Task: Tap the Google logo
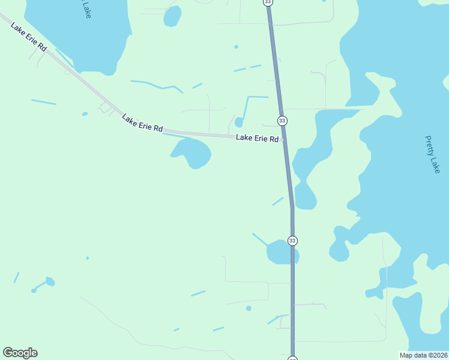point(20,353)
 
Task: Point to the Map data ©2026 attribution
point(424,355)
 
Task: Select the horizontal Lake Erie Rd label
point(257,139)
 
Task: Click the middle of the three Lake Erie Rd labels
point(142,123)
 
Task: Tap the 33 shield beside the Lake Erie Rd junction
point(282,121)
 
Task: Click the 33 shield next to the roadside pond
point(292,241)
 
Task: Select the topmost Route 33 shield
point(268,2)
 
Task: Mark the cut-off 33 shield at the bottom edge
point(292,358)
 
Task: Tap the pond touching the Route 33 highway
point(281,253)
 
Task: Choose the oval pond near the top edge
point(172,16)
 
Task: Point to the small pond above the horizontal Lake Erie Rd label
point(238,122)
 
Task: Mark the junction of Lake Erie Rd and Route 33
point(284,139)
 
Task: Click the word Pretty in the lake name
point(429,144)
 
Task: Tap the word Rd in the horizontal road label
point(273,139)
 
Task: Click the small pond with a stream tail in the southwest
point(50,281)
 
